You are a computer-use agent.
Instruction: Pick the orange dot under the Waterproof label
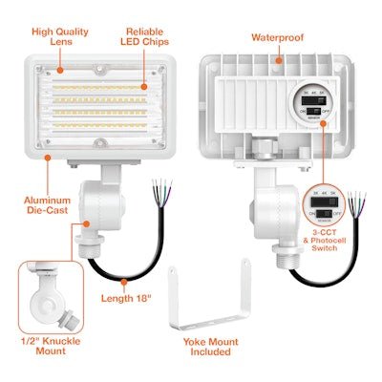click(x=278, y=60)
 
